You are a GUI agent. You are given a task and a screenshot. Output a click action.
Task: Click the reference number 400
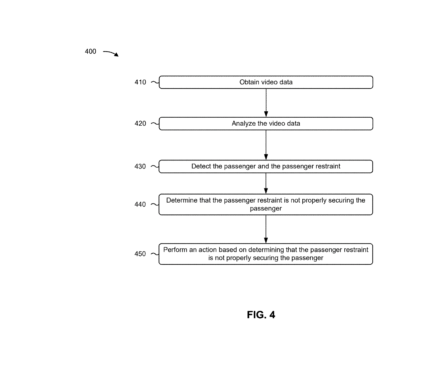90,51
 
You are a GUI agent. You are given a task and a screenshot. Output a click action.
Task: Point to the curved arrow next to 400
111,53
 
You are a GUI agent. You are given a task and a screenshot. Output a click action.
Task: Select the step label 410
140,82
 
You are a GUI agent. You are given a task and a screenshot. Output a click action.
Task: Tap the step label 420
140,123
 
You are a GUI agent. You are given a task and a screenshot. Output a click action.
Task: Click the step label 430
140,166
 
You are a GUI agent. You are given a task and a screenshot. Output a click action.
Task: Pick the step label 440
140,205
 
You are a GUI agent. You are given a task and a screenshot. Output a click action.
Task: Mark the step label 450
140,254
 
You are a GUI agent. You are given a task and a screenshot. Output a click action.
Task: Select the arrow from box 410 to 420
266,103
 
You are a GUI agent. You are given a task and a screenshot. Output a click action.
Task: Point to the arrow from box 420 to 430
266,145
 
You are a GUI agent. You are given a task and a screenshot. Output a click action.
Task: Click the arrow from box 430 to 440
266,183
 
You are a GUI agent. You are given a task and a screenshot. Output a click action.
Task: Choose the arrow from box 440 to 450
266,229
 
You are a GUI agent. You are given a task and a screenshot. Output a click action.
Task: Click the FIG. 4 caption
261,315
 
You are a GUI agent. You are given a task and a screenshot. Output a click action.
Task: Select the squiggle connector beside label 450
155,254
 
